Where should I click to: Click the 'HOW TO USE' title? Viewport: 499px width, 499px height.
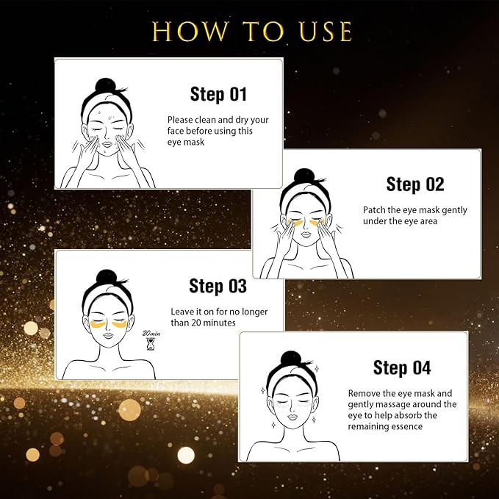(252, 32)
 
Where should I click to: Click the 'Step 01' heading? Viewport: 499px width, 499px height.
(218, 94)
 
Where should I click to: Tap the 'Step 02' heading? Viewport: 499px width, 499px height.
(415, 184)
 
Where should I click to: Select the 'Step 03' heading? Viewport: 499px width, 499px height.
(217, 285)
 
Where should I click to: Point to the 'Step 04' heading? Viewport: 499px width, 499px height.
(402, 367)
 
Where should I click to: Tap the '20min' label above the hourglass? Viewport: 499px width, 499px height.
(151, 332)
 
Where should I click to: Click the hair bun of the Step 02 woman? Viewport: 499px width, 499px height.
(304, 176)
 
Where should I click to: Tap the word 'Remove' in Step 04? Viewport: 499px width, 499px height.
(365, 393)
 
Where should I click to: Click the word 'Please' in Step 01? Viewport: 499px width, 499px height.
(181, 119)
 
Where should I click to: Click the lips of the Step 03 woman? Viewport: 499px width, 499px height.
(109, 337)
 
